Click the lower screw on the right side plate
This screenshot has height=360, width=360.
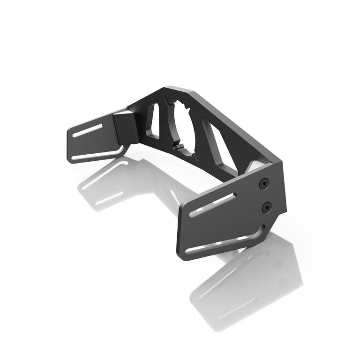tap(267, 206)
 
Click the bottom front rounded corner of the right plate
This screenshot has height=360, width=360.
tap(182, 255)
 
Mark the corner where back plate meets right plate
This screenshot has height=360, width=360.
tap(277, 162)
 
